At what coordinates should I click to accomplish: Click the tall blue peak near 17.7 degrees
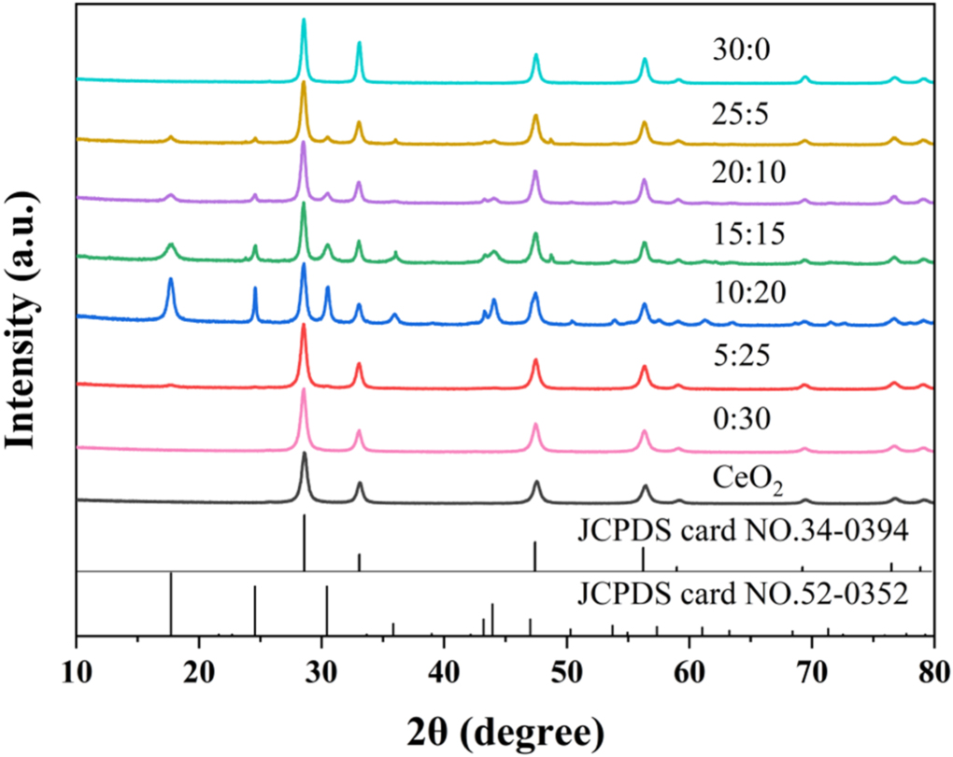[x=170, y=281]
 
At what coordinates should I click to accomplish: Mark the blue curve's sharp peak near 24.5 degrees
[x=255, y=290]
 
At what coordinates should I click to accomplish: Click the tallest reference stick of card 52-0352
[x=171, y=603]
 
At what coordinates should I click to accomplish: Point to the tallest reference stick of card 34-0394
[x=305, y=541]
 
